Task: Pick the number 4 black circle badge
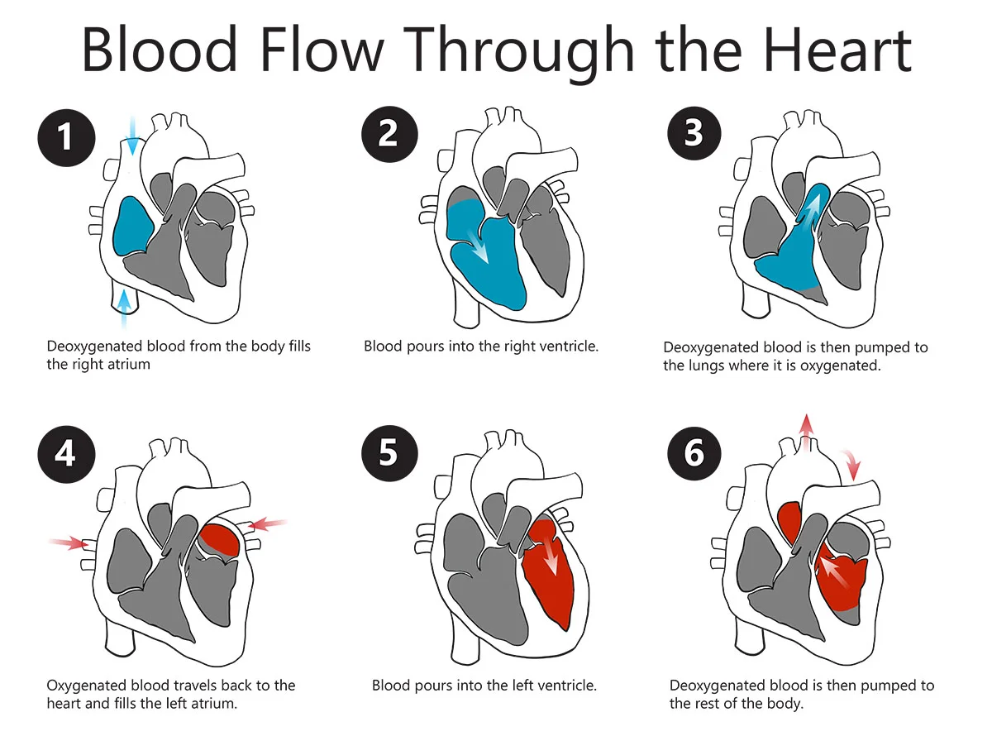point(66,454)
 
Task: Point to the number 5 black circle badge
point(389,454)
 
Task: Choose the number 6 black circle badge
point(694,454)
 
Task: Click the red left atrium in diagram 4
point(221,538)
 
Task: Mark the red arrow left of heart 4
point(69,542)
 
